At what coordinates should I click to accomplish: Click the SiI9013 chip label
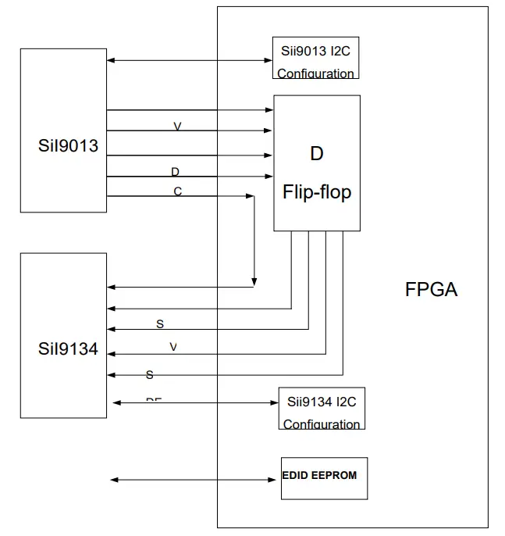(68, 145)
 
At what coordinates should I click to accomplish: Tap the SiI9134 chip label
(68, 348)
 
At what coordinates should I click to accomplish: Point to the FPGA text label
(431, 290)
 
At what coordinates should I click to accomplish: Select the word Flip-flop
(316, 191)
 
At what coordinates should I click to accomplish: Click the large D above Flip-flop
(316, 153)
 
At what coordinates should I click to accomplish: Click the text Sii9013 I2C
(315, 52)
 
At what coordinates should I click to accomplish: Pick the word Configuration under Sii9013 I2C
(315, 73)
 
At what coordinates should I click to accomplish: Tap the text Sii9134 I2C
(322, 402)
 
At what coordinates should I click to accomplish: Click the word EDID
(297, 474)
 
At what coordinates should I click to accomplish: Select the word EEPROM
(335, 474)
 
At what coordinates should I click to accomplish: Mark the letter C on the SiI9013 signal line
(177, 191)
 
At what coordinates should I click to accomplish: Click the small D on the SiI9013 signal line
(175, 171)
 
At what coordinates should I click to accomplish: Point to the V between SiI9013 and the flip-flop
(177, 126)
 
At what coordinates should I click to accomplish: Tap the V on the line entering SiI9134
(173, 346)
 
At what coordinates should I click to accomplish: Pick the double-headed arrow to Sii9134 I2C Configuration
(196, 402)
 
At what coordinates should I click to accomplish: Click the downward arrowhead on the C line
(254, 281)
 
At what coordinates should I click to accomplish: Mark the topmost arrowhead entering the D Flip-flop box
(269, 110)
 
